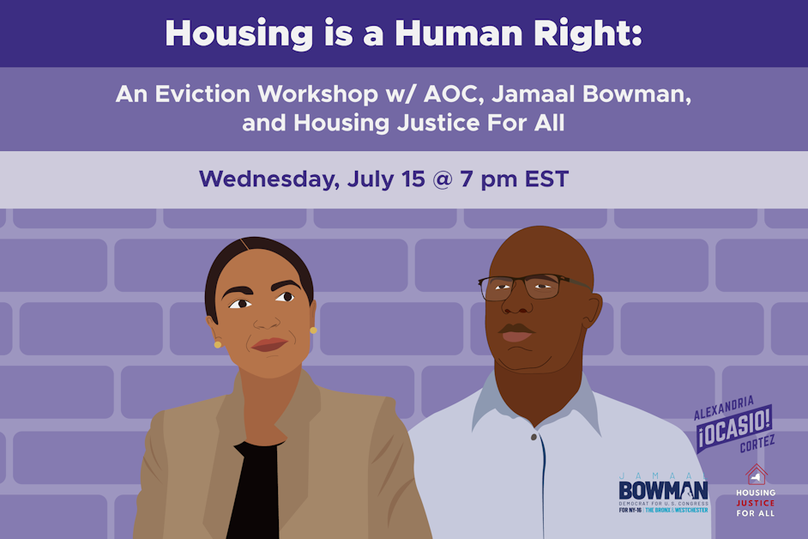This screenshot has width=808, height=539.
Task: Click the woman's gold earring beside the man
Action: [x=313, y=330]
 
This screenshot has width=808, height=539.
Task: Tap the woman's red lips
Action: [x=268, y=344]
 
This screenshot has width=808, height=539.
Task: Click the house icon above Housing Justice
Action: [x=756, y=474]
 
